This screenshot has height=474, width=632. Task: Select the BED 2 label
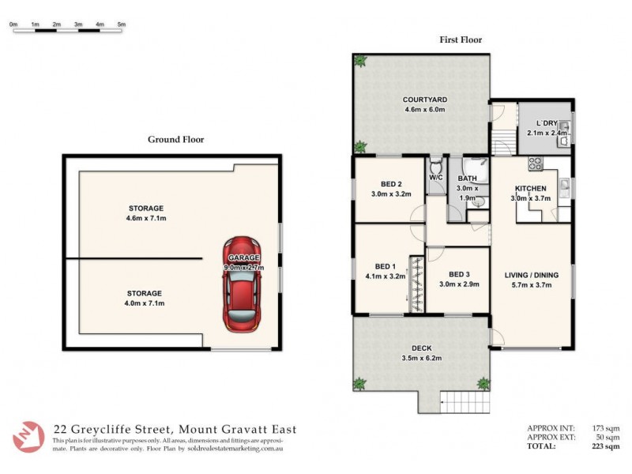[x=391, y=184]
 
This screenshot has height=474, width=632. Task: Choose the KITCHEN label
[x=531, y=188]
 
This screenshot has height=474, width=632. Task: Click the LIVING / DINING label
[x=532, y=275]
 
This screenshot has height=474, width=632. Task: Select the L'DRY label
[x=547, y=123]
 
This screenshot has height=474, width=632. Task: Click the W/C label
[x=436, y=178]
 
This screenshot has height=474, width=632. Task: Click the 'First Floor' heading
[x=461, y=39]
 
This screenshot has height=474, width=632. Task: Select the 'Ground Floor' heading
[x=176, y=140]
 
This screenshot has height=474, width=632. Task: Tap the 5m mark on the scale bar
[x=121, y=25]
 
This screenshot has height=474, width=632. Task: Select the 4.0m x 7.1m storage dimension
[x=144, y=303]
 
